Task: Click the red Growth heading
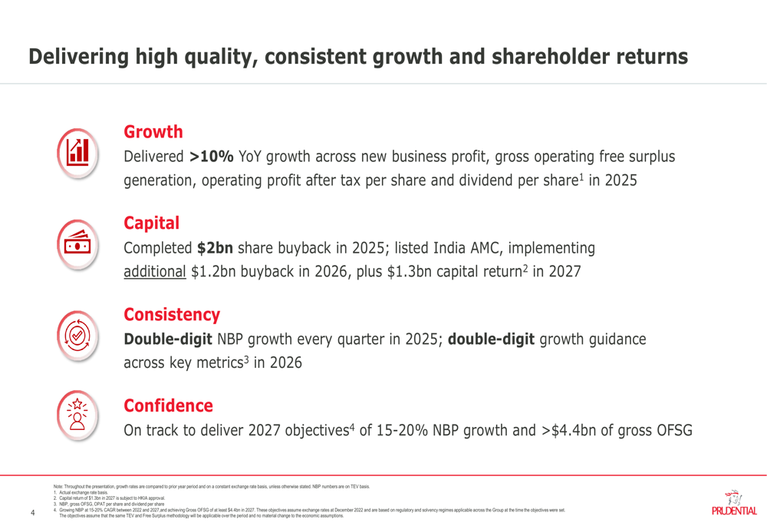pos(153,132)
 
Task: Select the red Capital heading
pos(151,223)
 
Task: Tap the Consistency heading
pos(172,315)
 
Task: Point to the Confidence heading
pos(168,405)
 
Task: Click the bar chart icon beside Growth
pos(77,151)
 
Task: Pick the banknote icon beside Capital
pos(77,243)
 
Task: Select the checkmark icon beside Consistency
pos(77,334)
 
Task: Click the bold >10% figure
pos(211,157)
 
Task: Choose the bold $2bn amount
pos(216,249)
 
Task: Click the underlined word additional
pos(155,272)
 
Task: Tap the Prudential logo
pos(733,504)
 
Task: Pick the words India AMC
pos(470,249)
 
